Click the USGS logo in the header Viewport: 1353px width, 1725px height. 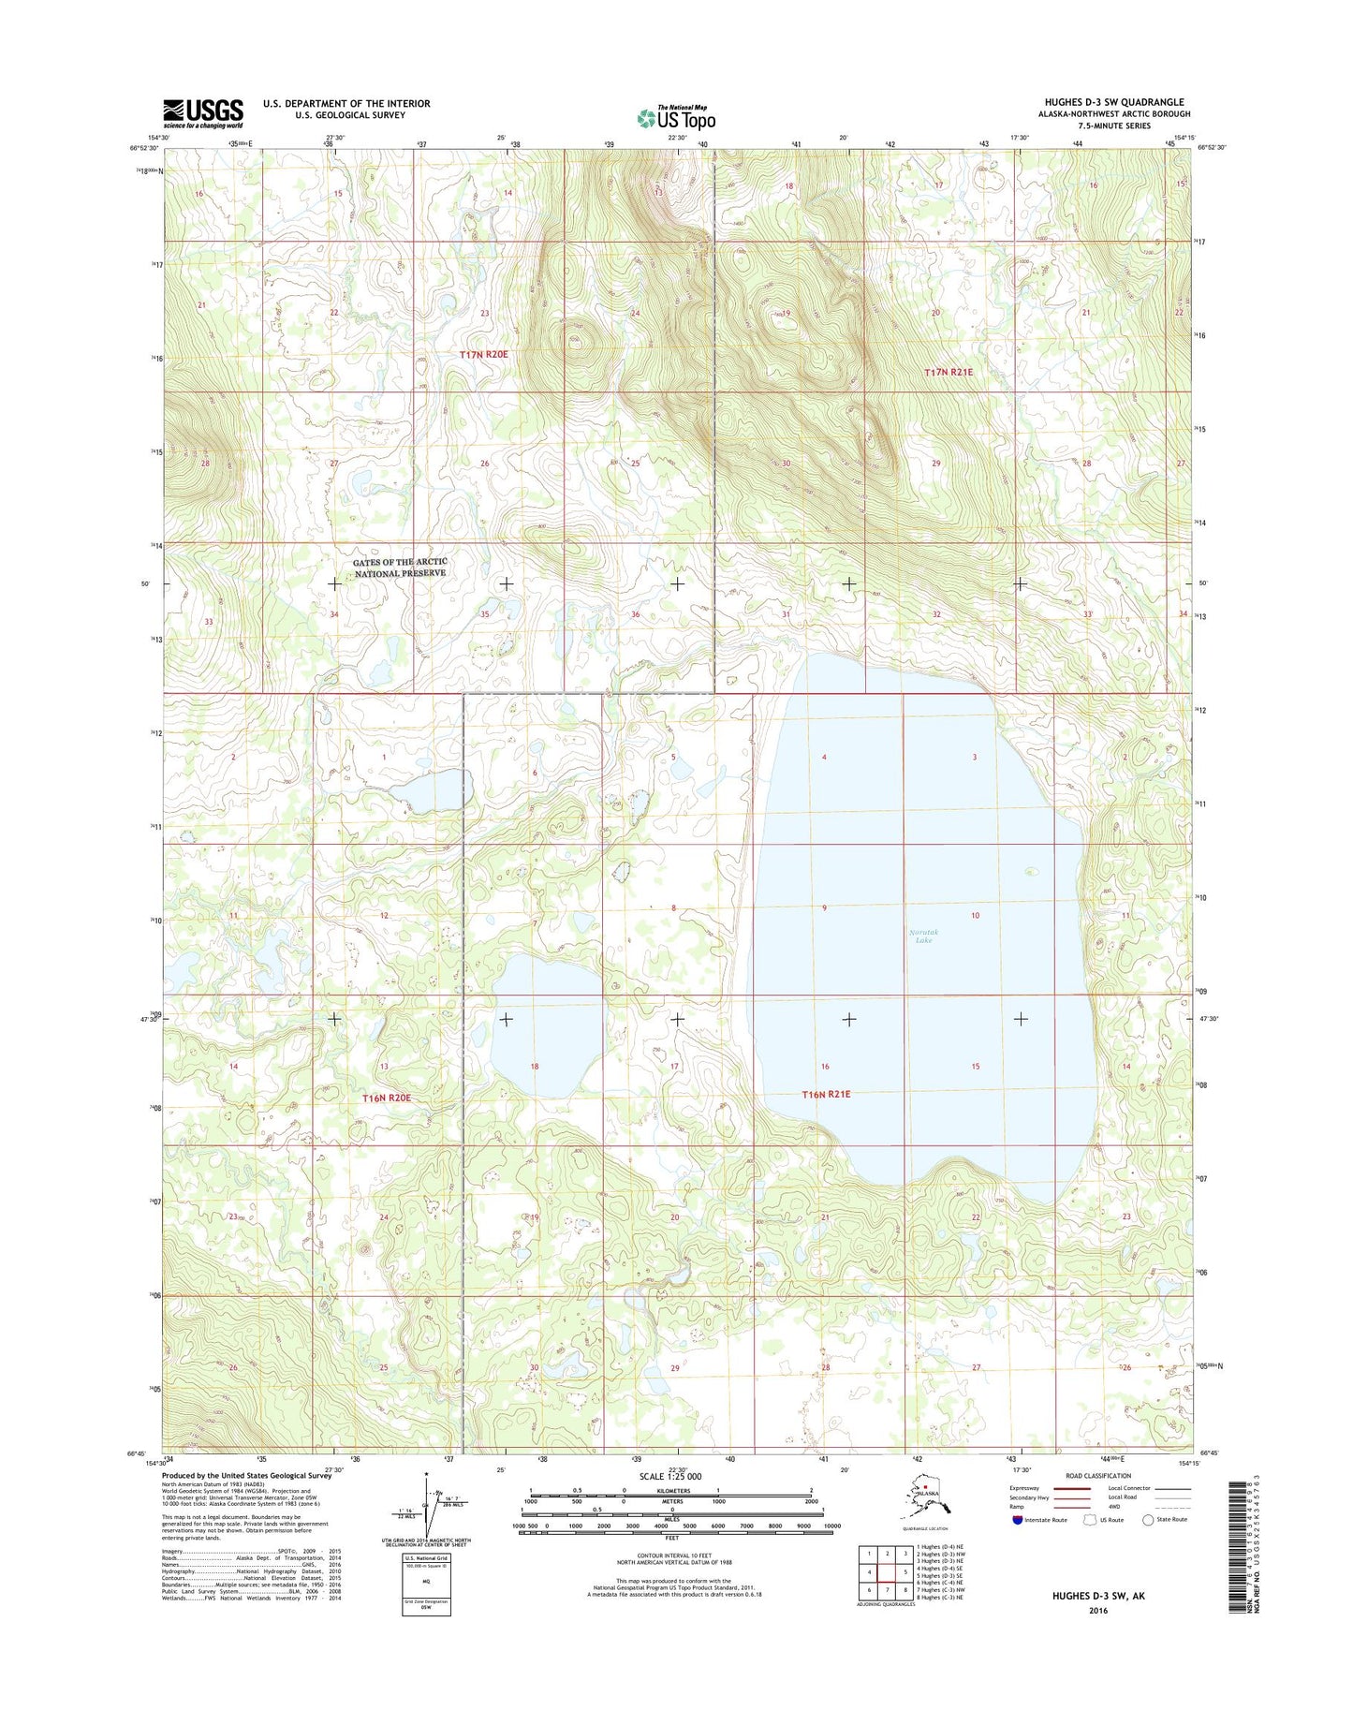(203, 113)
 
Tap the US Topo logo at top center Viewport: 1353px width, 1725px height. (676, 118)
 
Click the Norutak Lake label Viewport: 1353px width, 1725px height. (923, 936)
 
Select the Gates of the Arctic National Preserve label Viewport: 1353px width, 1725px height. (400, 568)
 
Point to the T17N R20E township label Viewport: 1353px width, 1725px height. (483, 354)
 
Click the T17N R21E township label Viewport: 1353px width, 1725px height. (949, 372)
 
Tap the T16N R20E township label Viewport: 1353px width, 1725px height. (387, 1098)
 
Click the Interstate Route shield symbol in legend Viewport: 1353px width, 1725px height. (1018, 1519)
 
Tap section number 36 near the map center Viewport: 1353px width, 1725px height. (635, 614)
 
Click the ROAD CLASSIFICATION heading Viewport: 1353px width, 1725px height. (1097, 1476)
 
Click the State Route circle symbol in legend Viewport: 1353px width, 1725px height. (1148, 1519)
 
